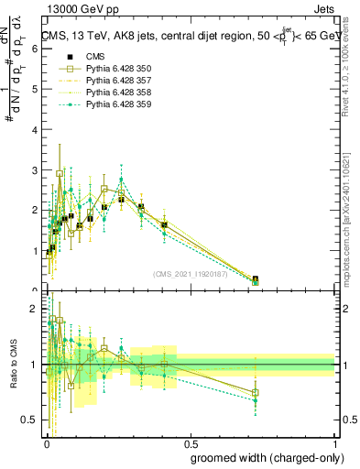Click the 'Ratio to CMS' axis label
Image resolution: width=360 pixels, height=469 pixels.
(x=13, y=365)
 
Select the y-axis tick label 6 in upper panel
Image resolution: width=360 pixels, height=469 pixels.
(x=35, y=49)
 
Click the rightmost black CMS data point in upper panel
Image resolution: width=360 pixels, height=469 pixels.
(x=256, y=279)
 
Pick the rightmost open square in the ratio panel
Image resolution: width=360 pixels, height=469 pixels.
(x=256, y=393)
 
